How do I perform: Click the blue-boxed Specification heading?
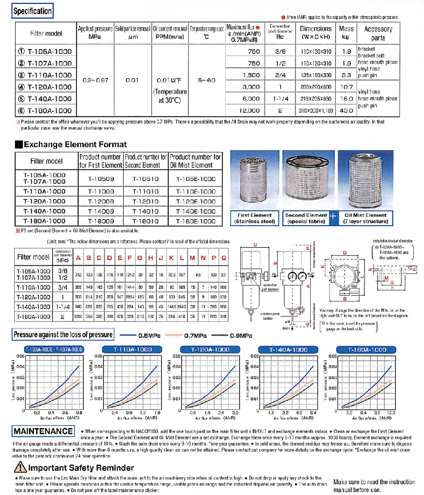[x=33, y=11]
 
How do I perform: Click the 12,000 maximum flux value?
[x=250, y=110]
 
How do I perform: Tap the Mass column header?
[x=346, y=33]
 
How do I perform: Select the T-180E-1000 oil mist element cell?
[x=195, y=221]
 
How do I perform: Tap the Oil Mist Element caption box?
[x=366, y=218]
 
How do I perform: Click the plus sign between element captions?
[x=333, y=217]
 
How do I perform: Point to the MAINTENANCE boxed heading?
[x=43, y=431]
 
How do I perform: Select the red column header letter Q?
[x=223, y=257]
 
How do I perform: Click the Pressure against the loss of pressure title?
[x=63, y=334]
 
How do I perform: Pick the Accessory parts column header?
[x=378, y=33]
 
